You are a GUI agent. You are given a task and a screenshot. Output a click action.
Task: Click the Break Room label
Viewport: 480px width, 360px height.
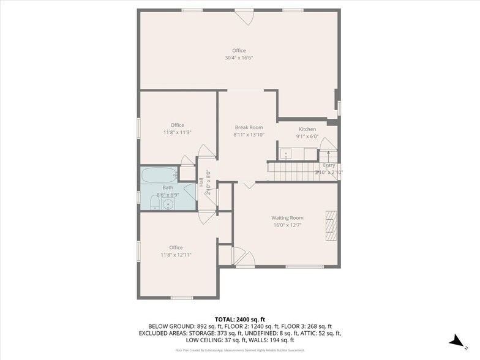point(249,127)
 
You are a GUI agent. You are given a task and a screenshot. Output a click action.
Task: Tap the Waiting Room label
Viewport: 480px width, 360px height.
point(287,218)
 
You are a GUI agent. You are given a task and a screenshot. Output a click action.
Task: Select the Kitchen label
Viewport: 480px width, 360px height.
point(307,129)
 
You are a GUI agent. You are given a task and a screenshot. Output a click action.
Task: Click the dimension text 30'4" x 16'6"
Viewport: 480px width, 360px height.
point(239,58)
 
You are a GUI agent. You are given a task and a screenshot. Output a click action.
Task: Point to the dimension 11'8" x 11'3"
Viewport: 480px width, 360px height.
point(178,132)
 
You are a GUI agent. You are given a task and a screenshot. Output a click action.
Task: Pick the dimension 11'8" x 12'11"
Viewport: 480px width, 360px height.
point(176,255)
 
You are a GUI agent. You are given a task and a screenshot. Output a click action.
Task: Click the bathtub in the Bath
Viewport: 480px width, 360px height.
point(159,176)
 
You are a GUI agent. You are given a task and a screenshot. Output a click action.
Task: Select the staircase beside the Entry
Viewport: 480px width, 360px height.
point(291,171)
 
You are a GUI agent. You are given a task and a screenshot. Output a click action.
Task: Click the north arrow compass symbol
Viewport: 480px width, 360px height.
point(455,341)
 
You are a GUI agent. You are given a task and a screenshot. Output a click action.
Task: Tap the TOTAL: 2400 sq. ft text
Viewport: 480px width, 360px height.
point(239,319)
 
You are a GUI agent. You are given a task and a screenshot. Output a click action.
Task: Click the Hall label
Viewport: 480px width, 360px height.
point(201,182)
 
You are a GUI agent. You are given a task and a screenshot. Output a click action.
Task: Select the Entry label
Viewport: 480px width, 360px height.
point(329,165)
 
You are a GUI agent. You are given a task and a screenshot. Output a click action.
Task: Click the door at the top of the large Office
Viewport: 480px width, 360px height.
point(246,17)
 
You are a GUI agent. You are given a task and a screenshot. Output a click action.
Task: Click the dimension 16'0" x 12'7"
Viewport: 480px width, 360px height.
point(287,225)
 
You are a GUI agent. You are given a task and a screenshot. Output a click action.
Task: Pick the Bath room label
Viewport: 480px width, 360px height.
point(168,187)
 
